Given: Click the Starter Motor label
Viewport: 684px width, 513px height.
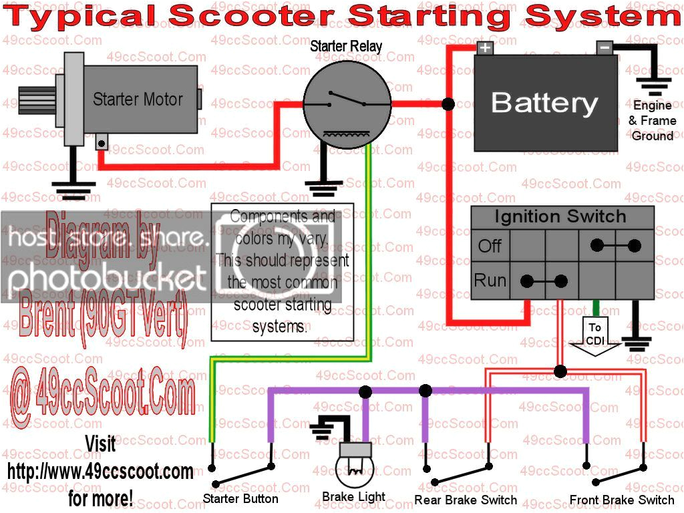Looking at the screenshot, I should coord(138,100).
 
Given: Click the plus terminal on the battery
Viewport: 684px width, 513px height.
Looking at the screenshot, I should coord(484,47).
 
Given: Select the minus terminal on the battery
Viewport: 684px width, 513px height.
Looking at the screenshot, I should coord(605,47).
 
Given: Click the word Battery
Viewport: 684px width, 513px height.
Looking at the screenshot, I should coord(544,103).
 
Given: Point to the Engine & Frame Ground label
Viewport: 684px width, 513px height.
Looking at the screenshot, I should coord(652,121).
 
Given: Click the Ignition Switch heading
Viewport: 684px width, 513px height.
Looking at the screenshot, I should coord(560,216).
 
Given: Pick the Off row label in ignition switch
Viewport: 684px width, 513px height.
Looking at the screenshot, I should coord(490,245).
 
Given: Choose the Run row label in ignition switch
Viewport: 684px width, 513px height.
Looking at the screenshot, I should coord(490,280).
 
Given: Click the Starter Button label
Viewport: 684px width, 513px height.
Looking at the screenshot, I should coord(240,499).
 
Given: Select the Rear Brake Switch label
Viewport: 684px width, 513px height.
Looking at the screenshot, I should coord(466,500).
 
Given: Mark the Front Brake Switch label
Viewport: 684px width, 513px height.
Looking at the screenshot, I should coord(622,500).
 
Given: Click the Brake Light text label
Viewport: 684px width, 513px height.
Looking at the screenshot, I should coord(353,497).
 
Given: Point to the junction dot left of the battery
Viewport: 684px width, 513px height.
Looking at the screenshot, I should coord(448,104).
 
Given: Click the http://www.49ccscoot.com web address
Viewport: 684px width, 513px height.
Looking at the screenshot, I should coord(100,472).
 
